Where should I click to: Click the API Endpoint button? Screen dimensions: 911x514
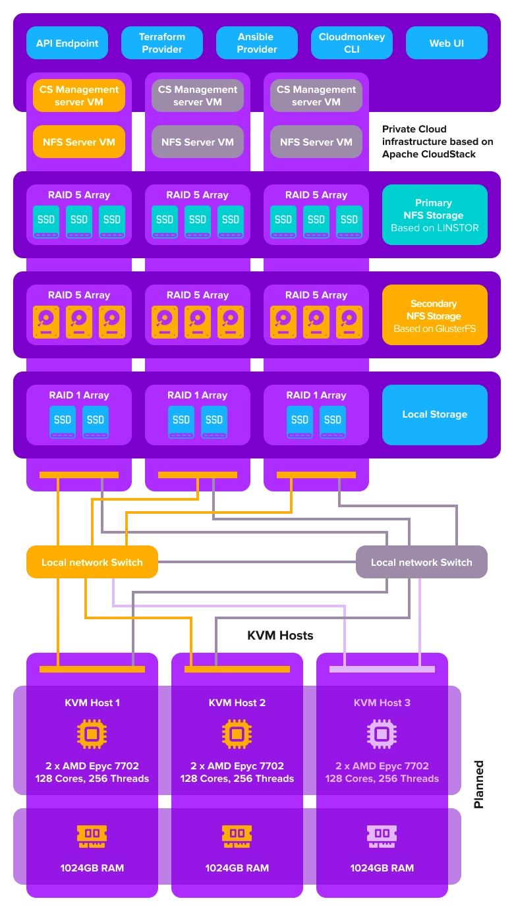point(67,43)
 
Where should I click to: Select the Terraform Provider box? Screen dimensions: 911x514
point(162,43)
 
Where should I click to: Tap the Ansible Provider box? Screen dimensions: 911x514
point(257,43)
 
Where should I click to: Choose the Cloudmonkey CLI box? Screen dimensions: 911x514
point(352,43)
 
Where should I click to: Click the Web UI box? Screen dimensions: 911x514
point(447,43)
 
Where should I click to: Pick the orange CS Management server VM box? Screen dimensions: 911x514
point(79,96)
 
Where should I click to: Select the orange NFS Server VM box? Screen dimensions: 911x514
point(79,142)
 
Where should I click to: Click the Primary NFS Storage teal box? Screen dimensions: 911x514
point(434,215)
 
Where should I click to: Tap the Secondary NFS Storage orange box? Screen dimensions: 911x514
point(434,316)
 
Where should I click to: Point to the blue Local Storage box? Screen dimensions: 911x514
point(434,414)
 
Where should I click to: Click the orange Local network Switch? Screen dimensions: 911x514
point(92,562)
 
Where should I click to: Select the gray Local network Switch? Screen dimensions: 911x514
point(422,563)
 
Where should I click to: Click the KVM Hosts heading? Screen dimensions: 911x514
point(280,635)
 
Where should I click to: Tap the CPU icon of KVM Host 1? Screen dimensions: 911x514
point(92,734)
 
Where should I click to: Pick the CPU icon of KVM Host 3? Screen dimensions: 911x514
point(382,734)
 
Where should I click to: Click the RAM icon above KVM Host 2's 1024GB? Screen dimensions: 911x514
point(237,837)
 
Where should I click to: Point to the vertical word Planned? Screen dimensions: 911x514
point(479,784)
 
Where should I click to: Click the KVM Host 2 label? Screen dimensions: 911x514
point(237,703)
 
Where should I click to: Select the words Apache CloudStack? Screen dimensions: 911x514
point(429,154)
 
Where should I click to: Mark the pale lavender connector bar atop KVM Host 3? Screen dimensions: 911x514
point(382,669)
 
